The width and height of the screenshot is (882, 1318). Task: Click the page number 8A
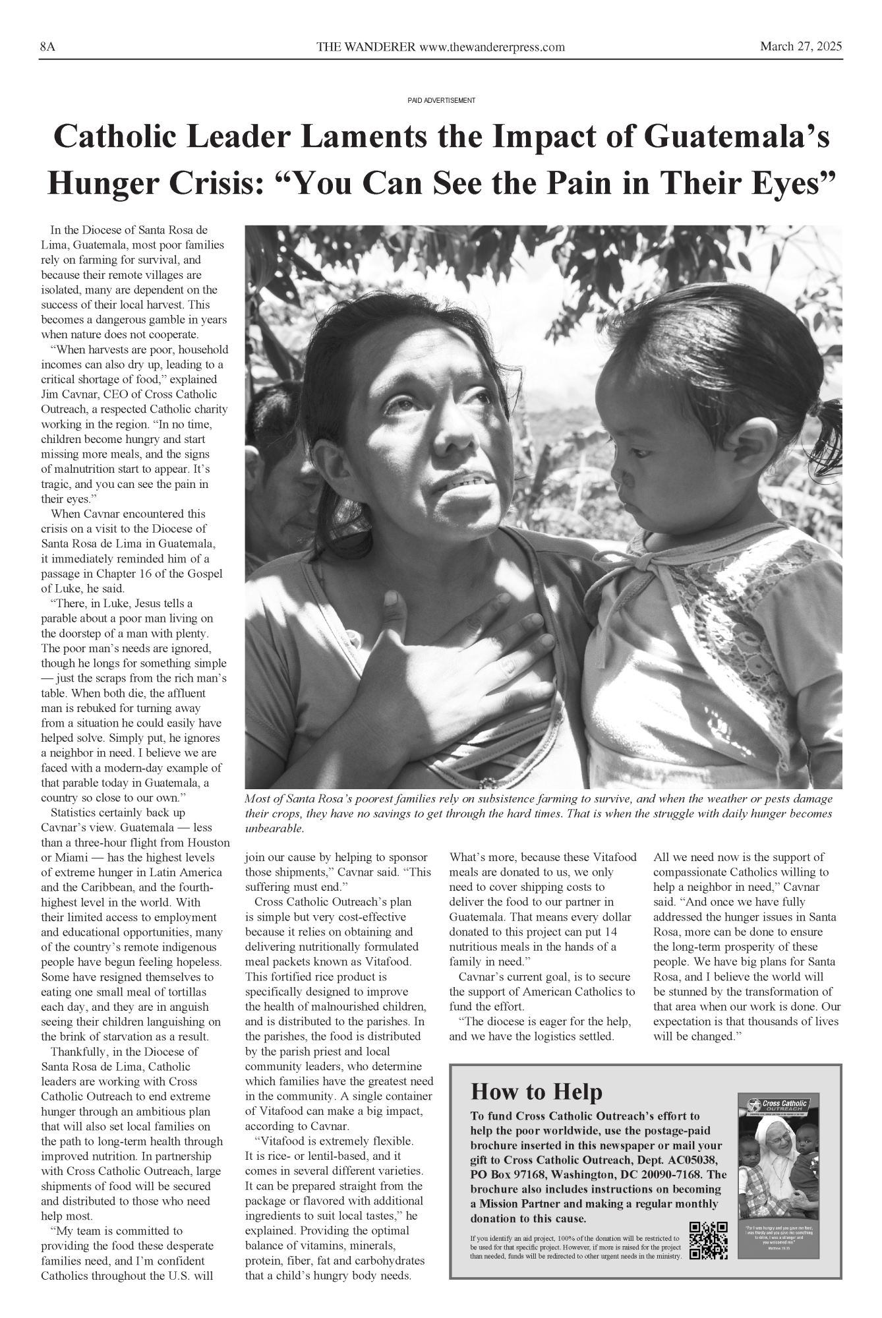pos(47,47)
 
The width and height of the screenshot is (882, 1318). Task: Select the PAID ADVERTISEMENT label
pos(441,100)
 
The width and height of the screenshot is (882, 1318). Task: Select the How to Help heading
pos(536,1092)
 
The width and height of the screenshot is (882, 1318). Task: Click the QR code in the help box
pos(707,1240)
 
